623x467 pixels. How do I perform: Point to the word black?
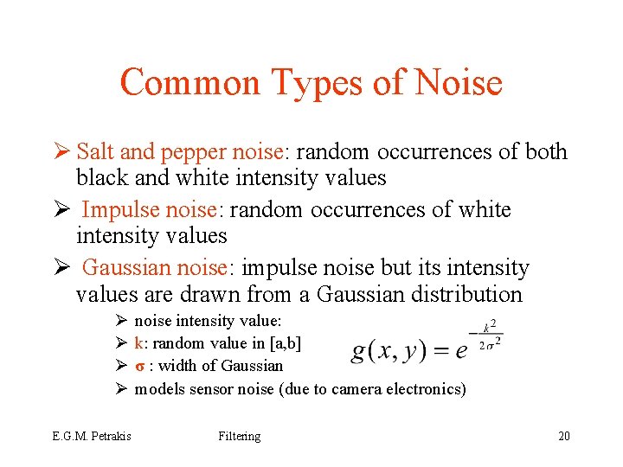[x=101, y=178]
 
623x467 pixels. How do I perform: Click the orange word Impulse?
[x=127, y=211]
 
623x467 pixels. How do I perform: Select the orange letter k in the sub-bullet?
[x=138, y=343]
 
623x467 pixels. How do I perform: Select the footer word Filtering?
[x=239, y=436]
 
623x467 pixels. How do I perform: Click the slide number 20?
[x=564, y=436]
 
